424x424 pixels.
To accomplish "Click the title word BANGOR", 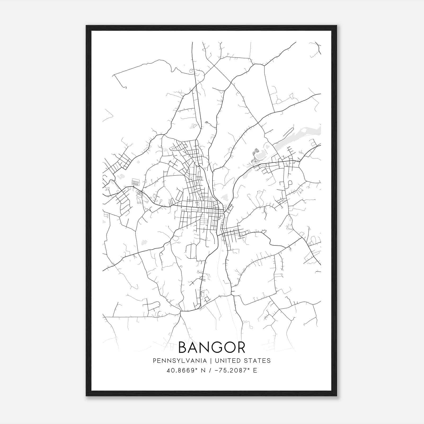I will pos(212,347).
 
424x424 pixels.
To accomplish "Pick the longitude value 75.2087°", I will pos(235,370).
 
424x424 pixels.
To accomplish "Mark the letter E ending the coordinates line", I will pos(255,370).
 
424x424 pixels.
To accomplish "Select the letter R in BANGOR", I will pos(240,347).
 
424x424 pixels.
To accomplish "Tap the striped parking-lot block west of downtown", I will pos(136,182).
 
